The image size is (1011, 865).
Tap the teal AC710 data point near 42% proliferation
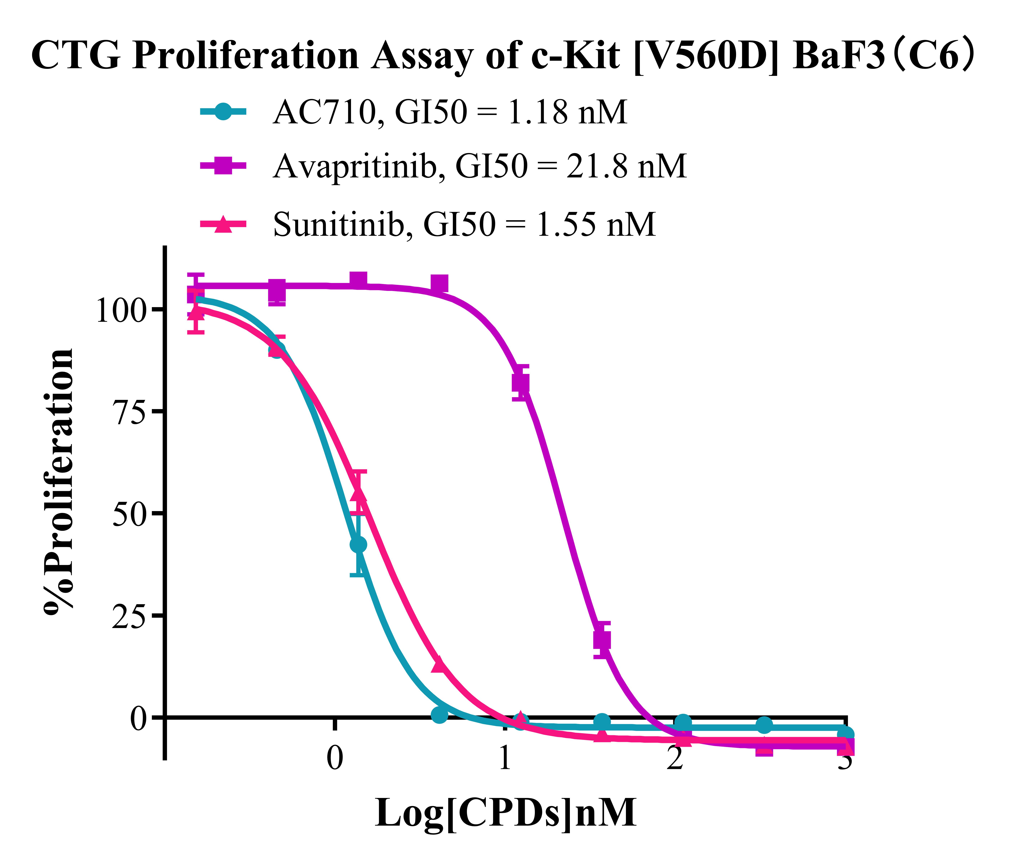click(x=358, y=544)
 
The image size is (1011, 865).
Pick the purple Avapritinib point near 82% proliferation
click(x=521, y=383)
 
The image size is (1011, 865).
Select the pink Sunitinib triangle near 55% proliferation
click(x=358, y=493)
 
